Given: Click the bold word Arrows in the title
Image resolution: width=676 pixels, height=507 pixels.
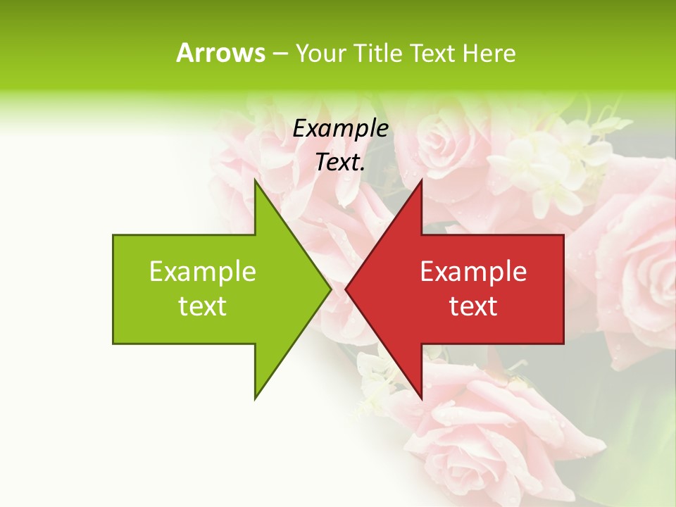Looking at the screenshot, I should click(x=220, y=53).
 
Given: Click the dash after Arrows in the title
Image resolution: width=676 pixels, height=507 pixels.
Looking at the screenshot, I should click(x=279, y=54).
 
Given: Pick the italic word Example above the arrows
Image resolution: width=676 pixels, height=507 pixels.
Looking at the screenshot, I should click(x=340, y=129).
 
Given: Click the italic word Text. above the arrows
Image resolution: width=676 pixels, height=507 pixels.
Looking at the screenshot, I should click(x=340, y=163).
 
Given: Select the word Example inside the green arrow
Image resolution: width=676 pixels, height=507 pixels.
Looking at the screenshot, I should click(x=203, y=273).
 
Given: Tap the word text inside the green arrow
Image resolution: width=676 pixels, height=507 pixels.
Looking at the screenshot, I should click(x=203, y=306).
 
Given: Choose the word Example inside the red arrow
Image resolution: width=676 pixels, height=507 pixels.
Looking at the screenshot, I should click(x=473, y=273).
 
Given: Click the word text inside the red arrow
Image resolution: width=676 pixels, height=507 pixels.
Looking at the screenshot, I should click(x=473, y=306).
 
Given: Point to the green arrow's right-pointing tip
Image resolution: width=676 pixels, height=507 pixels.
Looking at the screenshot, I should click(x=330, y=289).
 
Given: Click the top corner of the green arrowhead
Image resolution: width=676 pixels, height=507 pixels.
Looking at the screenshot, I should click(x=255, y=181).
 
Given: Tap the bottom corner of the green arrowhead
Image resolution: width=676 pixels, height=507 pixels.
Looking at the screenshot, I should click(x=255, y=398).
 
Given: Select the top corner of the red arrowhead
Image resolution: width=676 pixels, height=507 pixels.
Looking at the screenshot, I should click(x=421, y=181).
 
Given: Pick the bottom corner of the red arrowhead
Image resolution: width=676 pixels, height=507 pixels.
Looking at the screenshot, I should click(x=421, y=398).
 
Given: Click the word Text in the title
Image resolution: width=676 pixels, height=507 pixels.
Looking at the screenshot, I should click(x=434, y=54).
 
